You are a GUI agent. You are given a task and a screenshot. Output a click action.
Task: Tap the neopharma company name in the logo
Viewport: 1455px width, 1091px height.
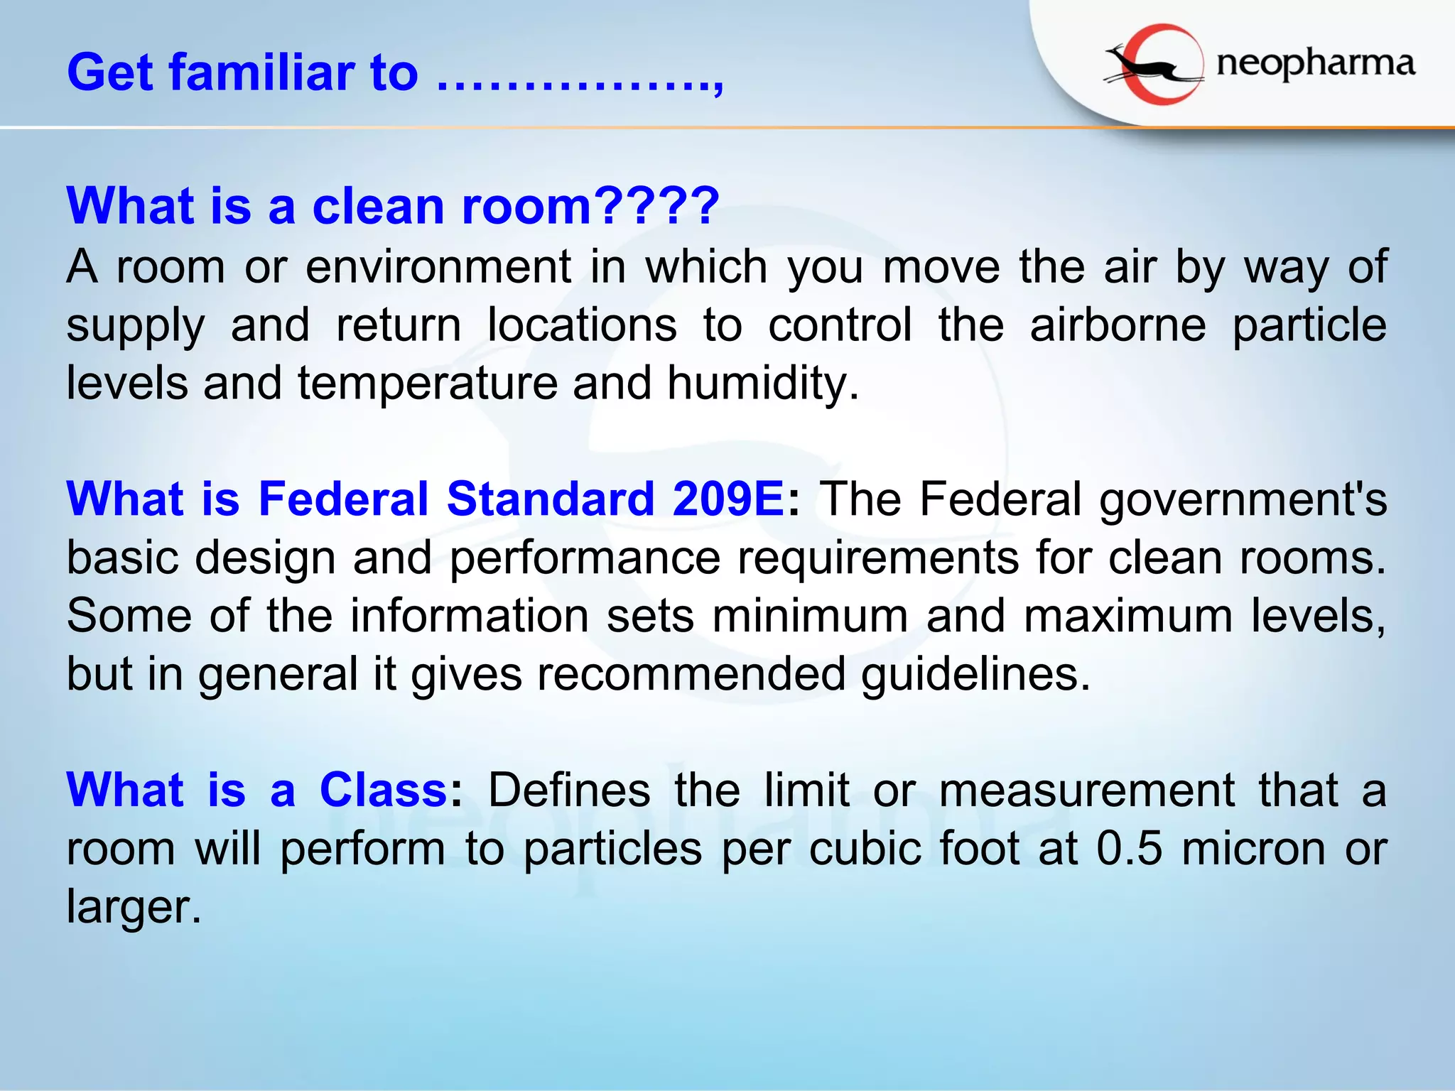1315,65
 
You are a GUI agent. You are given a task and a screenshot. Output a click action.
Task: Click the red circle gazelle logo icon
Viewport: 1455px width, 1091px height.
1154,65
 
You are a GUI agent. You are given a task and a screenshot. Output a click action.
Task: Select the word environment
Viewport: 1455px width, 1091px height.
438,267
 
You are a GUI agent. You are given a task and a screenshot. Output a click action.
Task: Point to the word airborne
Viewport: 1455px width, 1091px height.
1118,325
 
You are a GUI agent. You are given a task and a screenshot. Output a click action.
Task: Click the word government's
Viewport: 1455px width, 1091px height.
1243,500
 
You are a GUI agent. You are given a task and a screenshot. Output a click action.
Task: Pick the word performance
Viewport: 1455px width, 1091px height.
585,558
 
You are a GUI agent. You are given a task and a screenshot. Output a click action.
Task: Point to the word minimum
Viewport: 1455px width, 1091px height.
810,616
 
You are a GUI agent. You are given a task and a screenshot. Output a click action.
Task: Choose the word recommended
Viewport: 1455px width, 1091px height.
691,674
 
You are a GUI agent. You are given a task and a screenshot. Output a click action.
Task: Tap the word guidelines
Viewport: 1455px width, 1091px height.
975,674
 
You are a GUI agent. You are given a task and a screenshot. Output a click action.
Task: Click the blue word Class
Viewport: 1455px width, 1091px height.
383,790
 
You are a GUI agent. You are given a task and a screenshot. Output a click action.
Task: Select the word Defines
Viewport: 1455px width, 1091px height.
569,790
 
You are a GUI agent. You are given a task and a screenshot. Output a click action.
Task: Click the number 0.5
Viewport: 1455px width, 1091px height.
1129,848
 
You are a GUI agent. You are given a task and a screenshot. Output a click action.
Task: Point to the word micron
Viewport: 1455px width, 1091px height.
1253,848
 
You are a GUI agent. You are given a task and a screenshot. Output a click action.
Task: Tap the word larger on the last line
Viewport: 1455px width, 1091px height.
134,908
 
